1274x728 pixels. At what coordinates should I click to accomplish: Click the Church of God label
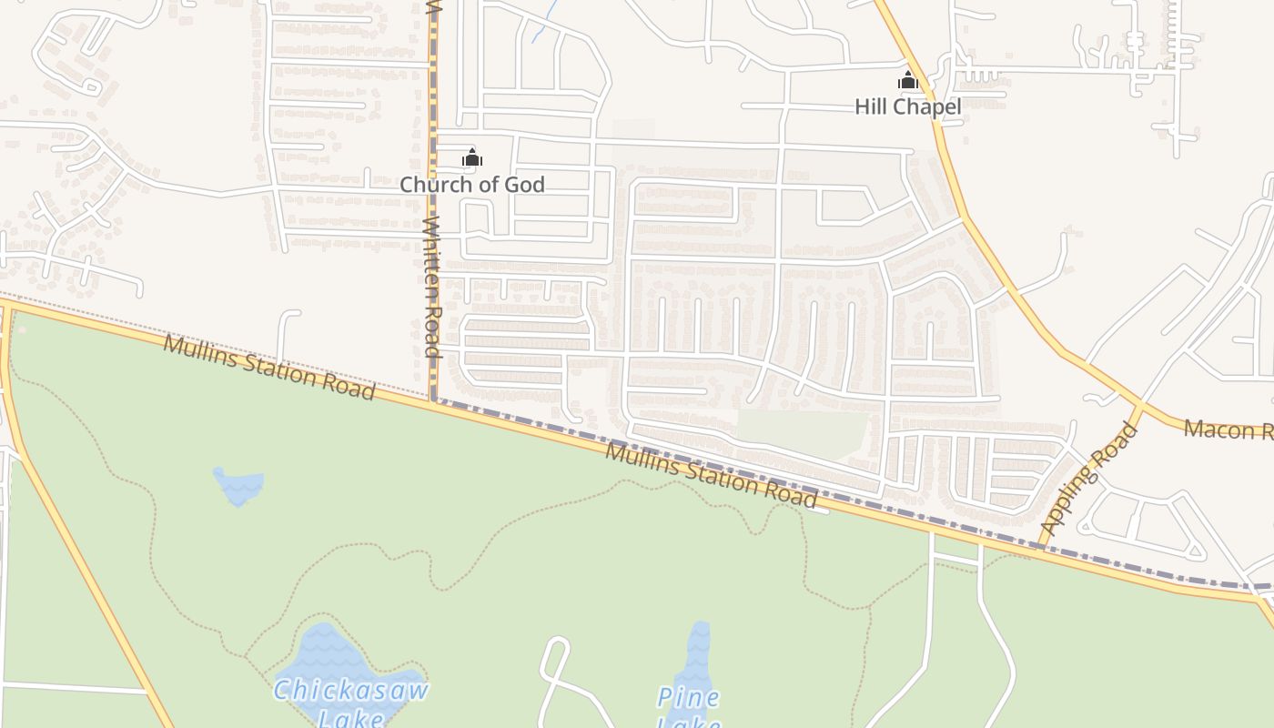coord(471,185)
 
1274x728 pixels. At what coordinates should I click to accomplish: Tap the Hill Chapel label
coord(907,107)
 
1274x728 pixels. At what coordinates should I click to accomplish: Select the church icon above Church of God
coord(471,158)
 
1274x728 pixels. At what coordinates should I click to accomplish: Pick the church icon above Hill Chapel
coord(907,80)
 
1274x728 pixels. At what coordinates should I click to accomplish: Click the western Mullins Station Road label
coord(269,367)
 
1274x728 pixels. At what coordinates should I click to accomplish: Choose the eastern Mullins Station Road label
coord(712,475)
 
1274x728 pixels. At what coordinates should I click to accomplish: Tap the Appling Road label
coord(1089,480)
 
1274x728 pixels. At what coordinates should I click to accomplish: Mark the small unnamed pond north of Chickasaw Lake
coord(239,486)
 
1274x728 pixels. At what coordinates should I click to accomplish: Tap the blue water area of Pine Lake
coord(697,660)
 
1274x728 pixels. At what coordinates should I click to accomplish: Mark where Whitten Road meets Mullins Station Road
coord(432,399)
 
